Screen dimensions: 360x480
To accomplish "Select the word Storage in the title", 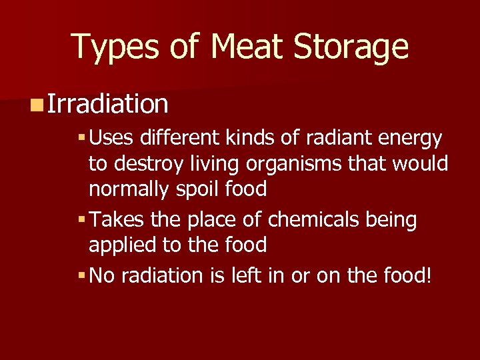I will [x=352, y=47].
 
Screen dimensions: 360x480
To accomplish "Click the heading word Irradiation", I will [x=108, y=103].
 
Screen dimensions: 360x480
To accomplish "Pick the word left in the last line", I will [x=243, y=275].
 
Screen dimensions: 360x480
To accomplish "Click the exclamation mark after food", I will [x=429, y=275].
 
